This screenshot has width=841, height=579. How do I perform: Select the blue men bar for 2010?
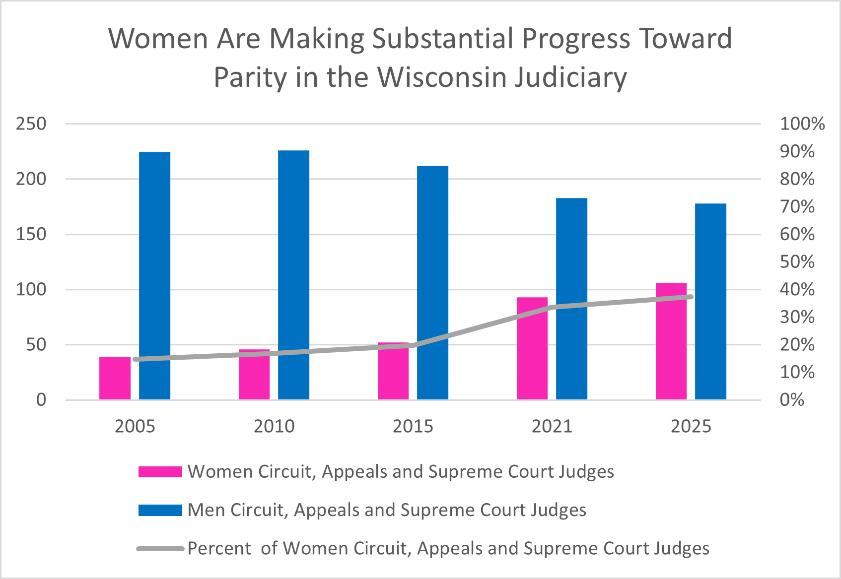(293, 275)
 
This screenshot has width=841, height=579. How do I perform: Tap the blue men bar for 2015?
(432, 283)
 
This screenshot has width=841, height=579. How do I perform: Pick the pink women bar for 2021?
(532, 348)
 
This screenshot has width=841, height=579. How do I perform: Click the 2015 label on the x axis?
(413, 426)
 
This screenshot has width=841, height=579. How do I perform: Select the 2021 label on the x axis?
(552, 426)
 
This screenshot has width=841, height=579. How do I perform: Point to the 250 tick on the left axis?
(31, 124)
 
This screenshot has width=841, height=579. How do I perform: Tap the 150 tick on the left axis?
(31, 234)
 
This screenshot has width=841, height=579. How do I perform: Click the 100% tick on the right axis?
(802, 124)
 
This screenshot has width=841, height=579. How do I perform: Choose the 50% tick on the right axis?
(797, 262)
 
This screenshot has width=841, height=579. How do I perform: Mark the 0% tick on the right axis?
(792, 400)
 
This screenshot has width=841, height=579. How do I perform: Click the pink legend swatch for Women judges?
(160, 472)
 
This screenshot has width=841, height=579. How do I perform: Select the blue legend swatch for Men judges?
(160, 510)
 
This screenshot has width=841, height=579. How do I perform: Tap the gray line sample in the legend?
(160, 549)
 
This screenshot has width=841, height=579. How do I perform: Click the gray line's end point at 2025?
(691, 297)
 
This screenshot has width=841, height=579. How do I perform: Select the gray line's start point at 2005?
(135, 359)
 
